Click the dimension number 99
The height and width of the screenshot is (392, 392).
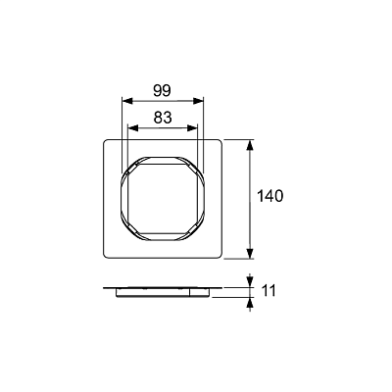(x=162, y=91)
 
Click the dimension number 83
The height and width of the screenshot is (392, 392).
(x=163, y=118)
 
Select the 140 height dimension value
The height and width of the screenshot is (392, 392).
(x=270, y=196)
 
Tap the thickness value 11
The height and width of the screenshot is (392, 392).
(x=269, y=291)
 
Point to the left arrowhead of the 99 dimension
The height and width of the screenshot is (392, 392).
(x=126, y=101)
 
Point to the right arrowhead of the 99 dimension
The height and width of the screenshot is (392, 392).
(x=198, y=101)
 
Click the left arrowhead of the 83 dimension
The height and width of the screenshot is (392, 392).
(x=132, y=128)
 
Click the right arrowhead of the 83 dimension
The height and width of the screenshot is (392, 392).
(x=192, y=128)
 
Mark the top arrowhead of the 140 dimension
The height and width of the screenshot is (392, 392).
(x=250, y=145)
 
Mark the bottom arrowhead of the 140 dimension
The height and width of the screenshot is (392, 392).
(x=250, y=254)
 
